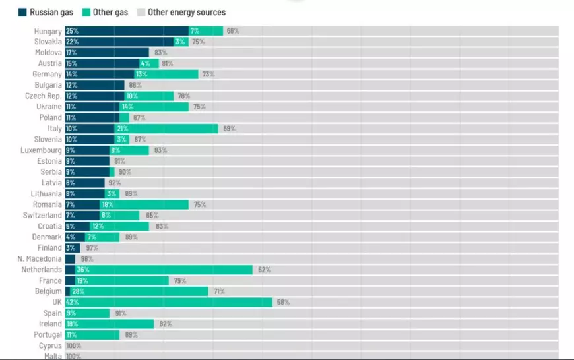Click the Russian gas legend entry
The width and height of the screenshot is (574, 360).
point(45,12)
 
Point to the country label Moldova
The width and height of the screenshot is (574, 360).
point(48,53)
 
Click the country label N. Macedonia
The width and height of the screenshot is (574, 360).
point(40,259)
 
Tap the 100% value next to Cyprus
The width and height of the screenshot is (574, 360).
point(73,345)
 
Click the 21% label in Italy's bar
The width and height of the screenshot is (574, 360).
point(122,129)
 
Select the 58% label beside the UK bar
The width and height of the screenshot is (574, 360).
point(283,302)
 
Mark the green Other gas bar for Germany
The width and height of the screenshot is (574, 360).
point(168,75)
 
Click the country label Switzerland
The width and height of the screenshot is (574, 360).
point(42,216)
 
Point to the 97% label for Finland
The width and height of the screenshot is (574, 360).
point(92,248)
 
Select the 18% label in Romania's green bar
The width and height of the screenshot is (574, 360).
point(107,204)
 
